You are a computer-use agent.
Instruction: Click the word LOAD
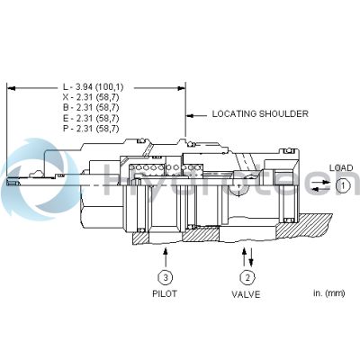tap(341, 168)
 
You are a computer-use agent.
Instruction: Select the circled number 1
tap(342, 185)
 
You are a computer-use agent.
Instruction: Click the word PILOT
tap(165, 293)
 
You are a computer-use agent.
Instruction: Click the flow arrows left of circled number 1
tap(319, 186)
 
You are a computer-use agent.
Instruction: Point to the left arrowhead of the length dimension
tap(10, 87)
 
